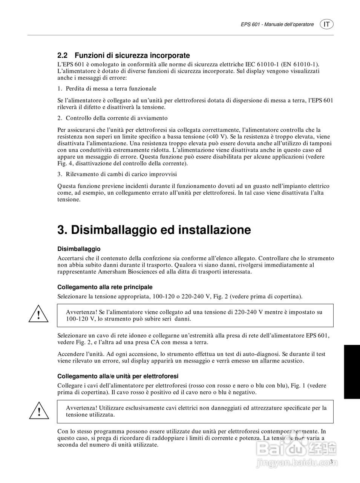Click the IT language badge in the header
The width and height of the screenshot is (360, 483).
(x=326, y=24)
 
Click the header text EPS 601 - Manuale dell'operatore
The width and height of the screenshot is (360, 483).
(x=277, y=25)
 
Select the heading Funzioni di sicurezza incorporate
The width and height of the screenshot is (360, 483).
(x=132, y=55)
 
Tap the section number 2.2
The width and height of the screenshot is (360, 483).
(x=62, y=55)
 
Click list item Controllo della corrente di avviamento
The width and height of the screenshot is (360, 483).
(x=116, y=118)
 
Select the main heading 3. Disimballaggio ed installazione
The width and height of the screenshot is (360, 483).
(x=154, y=229)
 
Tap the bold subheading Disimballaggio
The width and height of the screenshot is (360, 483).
(x=79, y=249)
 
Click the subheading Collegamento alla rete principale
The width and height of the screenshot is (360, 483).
(x=105, y=287)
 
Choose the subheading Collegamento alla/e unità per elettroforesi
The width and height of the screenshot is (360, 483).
(x=118, y=376)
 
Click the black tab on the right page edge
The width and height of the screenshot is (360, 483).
(x=352, y=371)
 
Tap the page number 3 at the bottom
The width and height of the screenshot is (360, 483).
(x=331, y=462)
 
